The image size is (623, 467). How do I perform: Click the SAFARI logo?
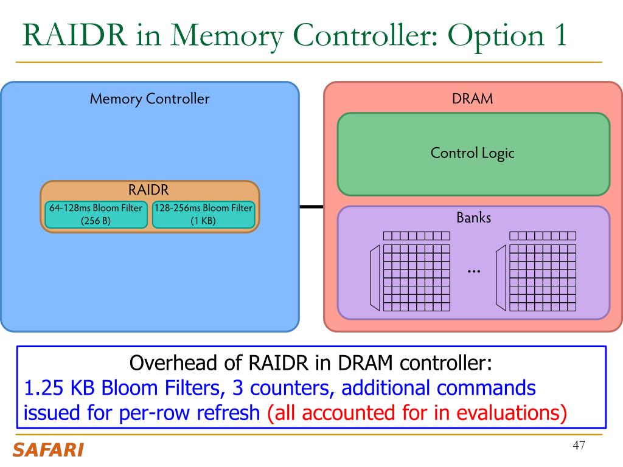click(x=48, y=450)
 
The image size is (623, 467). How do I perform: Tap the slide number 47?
click(x=579, y=445)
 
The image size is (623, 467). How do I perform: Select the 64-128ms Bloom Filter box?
click(x=96, y=215)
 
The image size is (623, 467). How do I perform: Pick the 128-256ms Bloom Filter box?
click(x=203, y=215)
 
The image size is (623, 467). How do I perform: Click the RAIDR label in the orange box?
click(x=148, y=190)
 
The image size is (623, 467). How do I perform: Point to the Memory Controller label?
click(x=150, y=99)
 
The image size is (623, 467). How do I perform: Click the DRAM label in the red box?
click(x=472, y=99)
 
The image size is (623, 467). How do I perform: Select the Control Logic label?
click(x=472, y=153)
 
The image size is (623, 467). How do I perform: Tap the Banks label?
click(x=473, y=218)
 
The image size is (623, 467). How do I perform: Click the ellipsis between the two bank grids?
click(x=474, y=272)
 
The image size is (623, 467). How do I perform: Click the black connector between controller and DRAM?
click(x=311, y=207)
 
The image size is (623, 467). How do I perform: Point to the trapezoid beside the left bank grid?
click(x=375, y=277)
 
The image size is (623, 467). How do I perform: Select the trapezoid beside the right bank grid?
click(x=501, y=277)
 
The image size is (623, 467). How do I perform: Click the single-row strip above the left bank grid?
click(x=416, y=236)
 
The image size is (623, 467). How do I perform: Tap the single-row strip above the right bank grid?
click(x=543, y=236)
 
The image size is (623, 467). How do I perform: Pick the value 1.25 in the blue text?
click(x=43, y=388)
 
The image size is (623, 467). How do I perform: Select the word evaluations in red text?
click(x=511, y=413)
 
